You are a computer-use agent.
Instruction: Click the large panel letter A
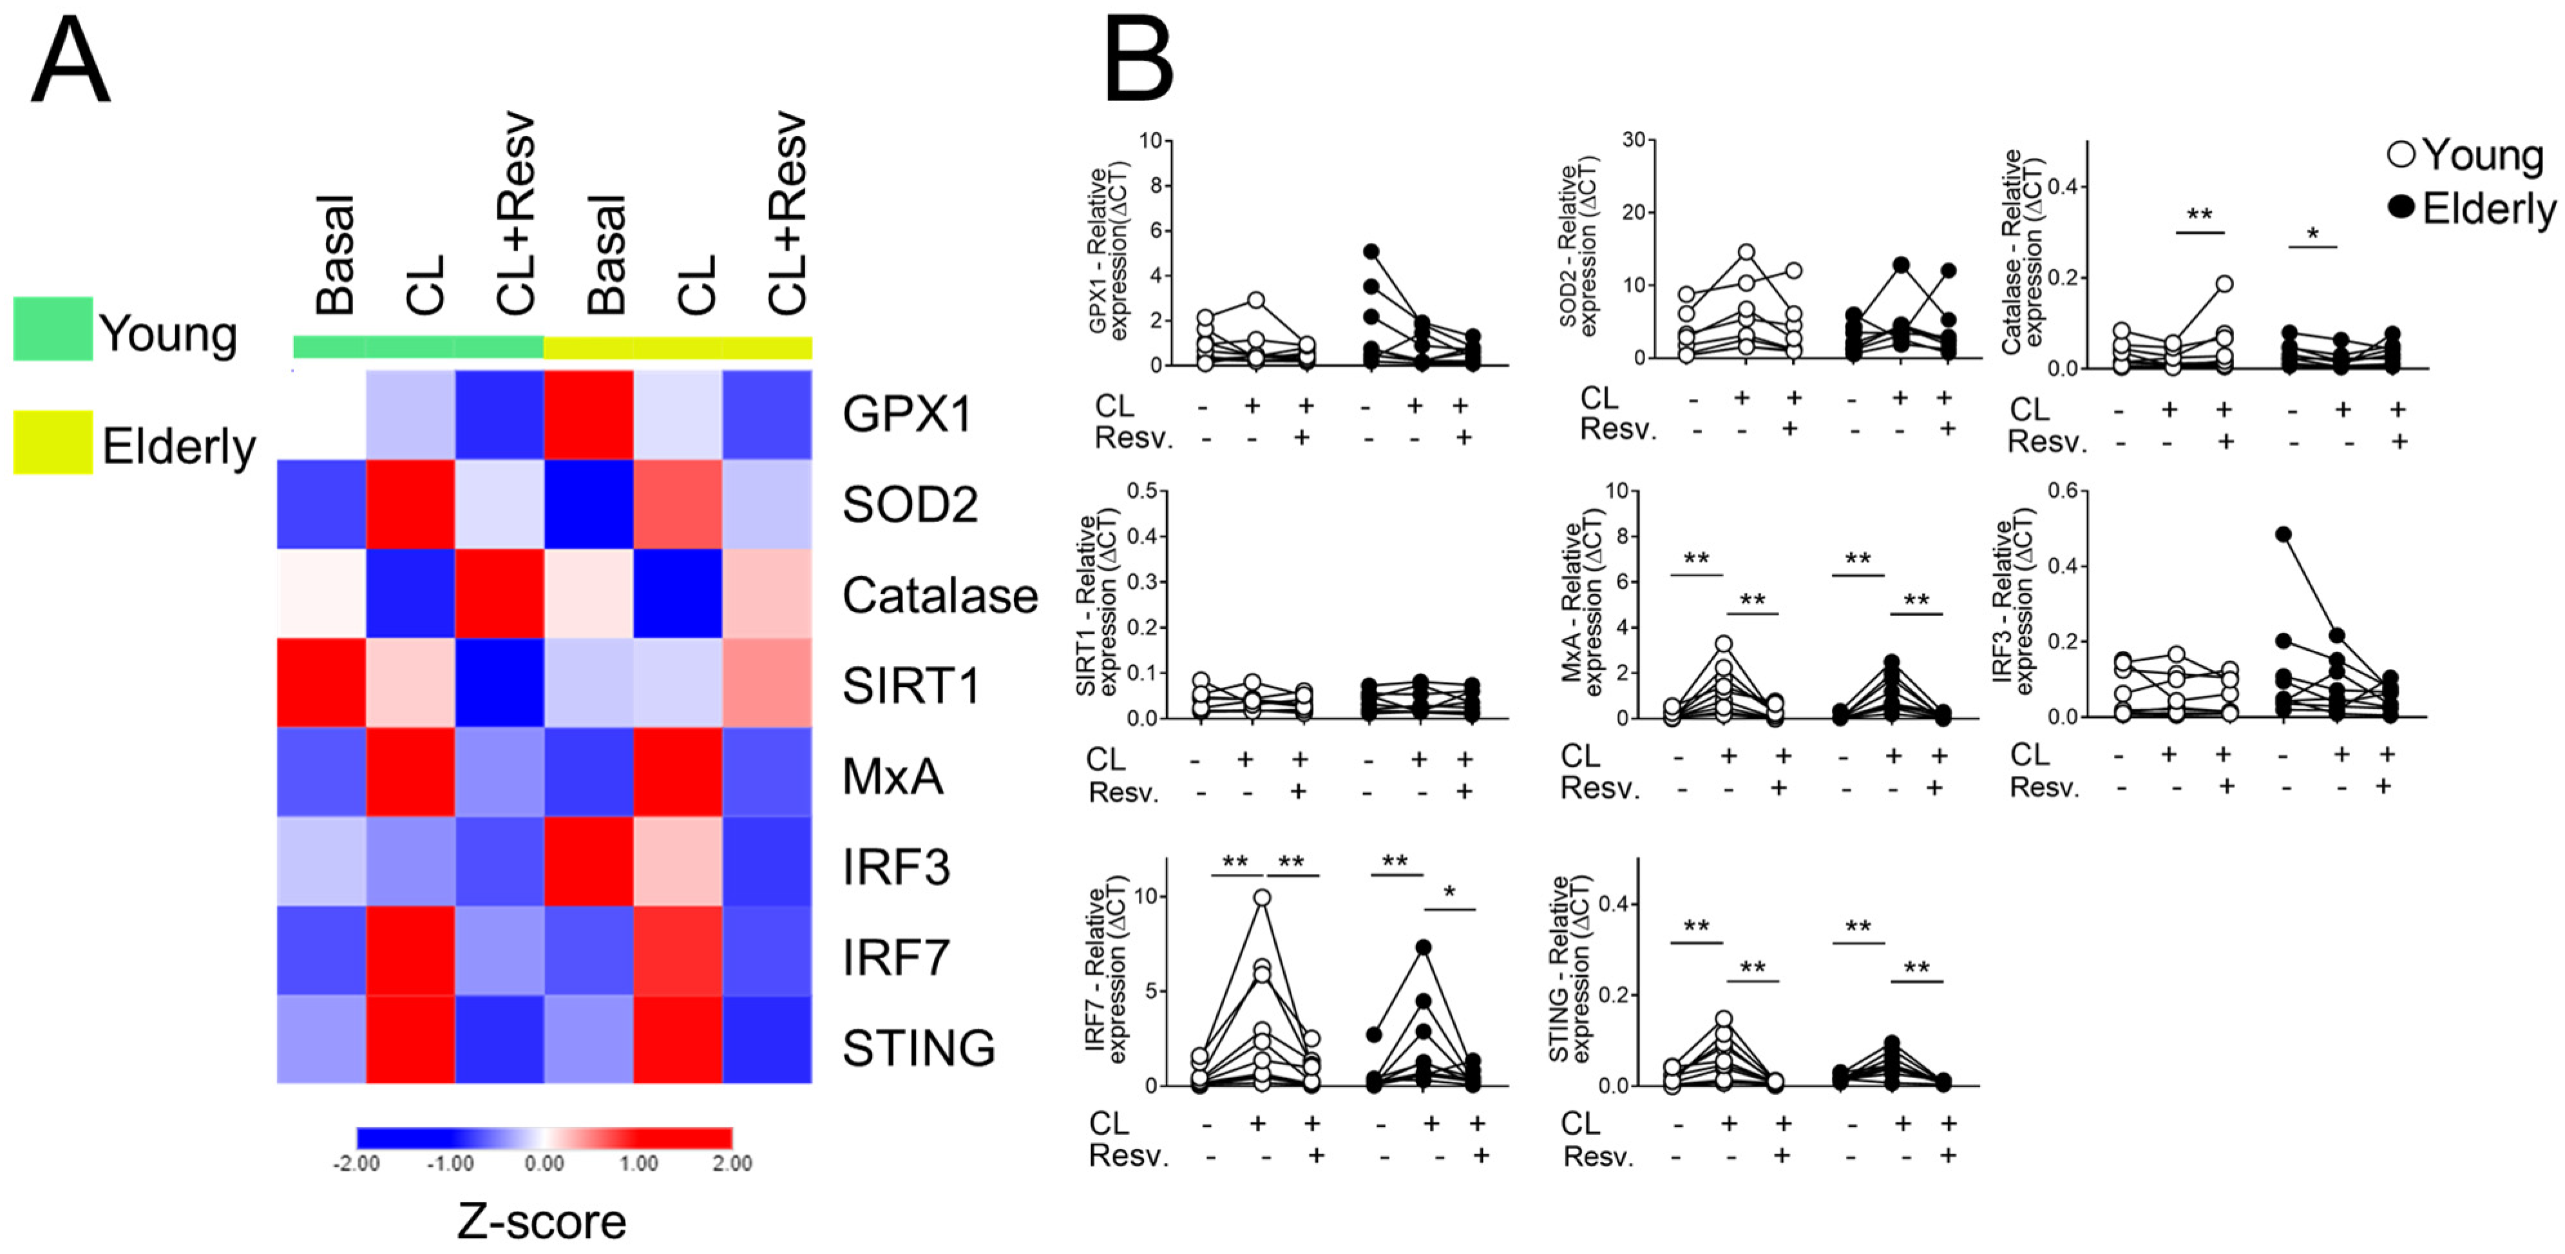(x=70, y=62)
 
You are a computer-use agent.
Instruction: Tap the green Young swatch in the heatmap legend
(x=53, y=329)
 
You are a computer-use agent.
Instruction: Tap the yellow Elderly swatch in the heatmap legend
(x=53, y=442)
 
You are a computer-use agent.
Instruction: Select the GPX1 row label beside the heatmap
(x=907, y=414)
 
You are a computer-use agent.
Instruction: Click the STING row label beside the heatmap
(x=918, y=1048)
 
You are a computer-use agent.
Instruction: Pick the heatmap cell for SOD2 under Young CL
(x=410, y=504)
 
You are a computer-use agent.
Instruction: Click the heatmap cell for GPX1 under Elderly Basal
(x=589, y=414)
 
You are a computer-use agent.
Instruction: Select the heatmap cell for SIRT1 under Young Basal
(x=321, y=683)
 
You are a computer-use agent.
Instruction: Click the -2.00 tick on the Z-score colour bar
(x=356, y=1163)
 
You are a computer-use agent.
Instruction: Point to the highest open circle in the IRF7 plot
(x=1262, y=898)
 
